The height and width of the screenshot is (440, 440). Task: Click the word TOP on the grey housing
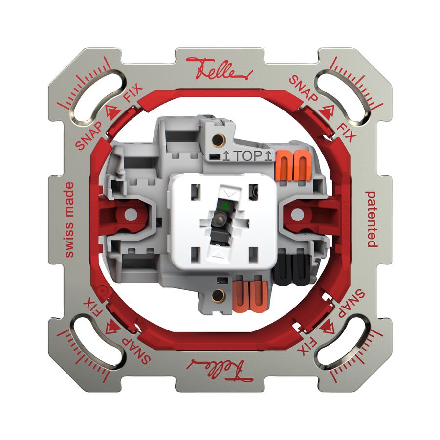[248, 156]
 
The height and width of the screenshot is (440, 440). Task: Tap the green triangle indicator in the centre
[225, 206]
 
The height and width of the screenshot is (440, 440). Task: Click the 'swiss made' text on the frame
[69, 220]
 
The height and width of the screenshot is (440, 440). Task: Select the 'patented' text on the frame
[372, 219]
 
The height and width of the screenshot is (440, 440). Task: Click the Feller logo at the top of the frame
[220, 69]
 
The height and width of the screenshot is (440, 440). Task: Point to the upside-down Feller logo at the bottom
[220, 370]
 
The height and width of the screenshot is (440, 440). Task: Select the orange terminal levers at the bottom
[250, 296]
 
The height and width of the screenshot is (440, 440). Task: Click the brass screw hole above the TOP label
[217, 139]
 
